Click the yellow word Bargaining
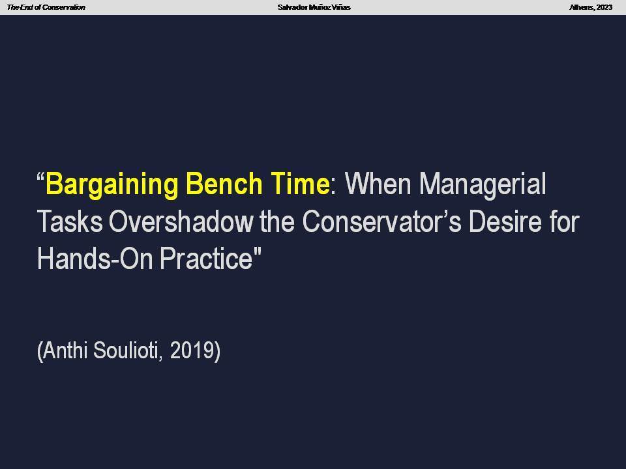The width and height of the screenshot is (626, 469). pos(112,185)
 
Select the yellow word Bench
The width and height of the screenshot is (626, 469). pos(224,184)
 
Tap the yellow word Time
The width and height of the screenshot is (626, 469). pos(300,184)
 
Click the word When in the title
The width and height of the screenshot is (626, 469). pos(378,184)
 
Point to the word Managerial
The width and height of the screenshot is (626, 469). pos(483,185)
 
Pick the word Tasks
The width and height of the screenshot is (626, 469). pos(70,221)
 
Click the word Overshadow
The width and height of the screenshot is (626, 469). pos(181,221)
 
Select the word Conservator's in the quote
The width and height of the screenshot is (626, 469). pos(381,221)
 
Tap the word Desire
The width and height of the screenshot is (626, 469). pos(505,221)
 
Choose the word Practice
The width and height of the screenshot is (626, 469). pos(207,259)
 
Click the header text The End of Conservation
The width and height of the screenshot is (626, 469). pos(46,7)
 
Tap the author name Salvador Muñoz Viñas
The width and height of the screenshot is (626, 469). pos(314,7)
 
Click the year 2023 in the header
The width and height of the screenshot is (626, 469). pos(604,7)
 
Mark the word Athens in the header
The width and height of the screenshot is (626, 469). pos(582,7)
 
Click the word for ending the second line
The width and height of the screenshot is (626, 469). pos(564,221)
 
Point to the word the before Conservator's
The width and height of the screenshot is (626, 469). pos(277,221)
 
